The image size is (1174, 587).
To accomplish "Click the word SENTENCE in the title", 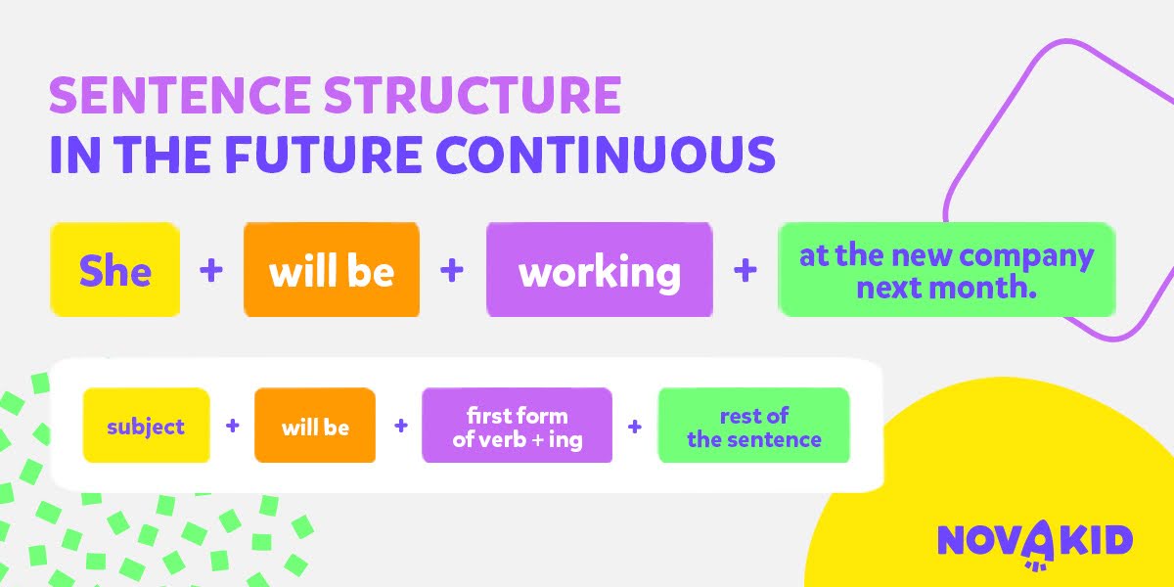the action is pos(179,95).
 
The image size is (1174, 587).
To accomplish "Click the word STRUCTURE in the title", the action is pos(474,95).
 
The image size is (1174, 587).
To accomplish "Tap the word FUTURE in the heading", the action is pos(324,155).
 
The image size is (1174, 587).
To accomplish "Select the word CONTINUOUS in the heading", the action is pos(606,155).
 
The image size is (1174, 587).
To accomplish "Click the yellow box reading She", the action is pos(115,269).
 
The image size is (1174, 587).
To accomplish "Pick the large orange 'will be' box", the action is pos(332,269).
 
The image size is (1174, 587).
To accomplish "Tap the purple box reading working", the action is pos(600,269).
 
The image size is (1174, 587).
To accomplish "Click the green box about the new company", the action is pos(947,269).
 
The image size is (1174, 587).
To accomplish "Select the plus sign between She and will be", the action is pos(211,270).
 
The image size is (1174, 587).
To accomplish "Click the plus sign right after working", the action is pos(745,270).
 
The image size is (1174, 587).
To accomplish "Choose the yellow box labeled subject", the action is pos(146,425).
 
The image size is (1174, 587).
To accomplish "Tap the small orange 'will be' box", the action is pos(315,425).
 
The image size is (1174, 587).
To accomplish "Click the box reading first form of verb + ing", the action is pos(517,425).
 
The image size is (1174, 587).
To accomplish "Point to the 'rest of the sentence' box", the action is pos(753,425).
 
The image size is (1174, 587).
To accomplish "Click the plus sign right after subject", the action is pos(232,426).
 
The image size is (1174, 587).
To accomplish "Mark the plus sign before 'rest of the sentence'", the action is pos(635,427).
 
